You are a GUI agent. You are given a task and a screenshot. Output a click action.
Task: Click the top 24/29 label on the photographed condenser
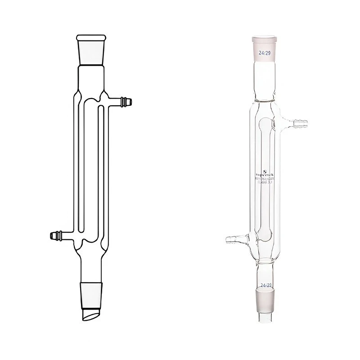[264, 53]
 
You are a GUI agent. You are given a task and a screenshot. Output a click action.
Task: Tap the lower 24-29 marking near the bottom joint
[265, 285]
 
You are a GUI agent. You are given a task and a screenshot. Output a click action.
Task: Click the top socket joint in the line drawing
[91, 50]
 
